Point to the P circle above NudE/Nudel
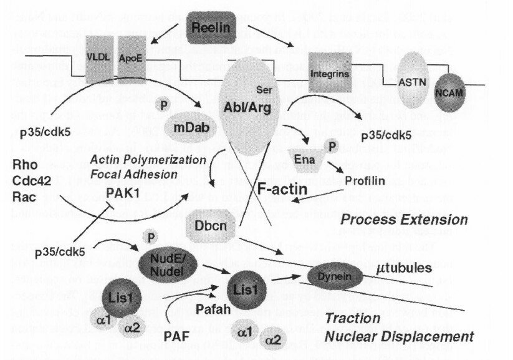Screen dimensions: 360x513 [149, 237]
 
